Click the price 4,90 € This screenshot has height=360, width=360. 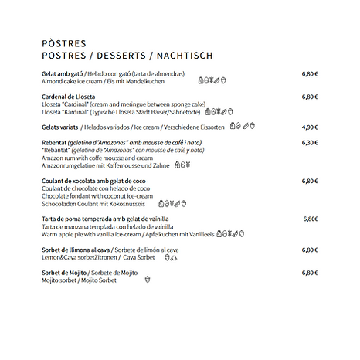[x=310, y=127]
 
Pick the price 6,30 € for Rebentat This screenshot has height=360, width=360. [x=310, y=143]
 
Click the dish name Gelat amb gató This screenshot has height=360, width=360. [x=63, y=74]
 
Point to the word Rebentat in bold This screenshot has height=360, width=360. [x=56, y=143]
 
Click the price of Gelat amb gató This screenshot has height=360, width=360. [x=310, y=74]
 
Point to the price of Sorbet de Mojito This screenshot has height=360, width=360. [x=310, y=273]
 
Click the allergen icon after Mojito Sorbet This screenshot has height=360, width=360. [x=148, y=280]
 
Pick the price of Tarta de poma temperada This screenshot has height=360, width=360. [x=311, y=219]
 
